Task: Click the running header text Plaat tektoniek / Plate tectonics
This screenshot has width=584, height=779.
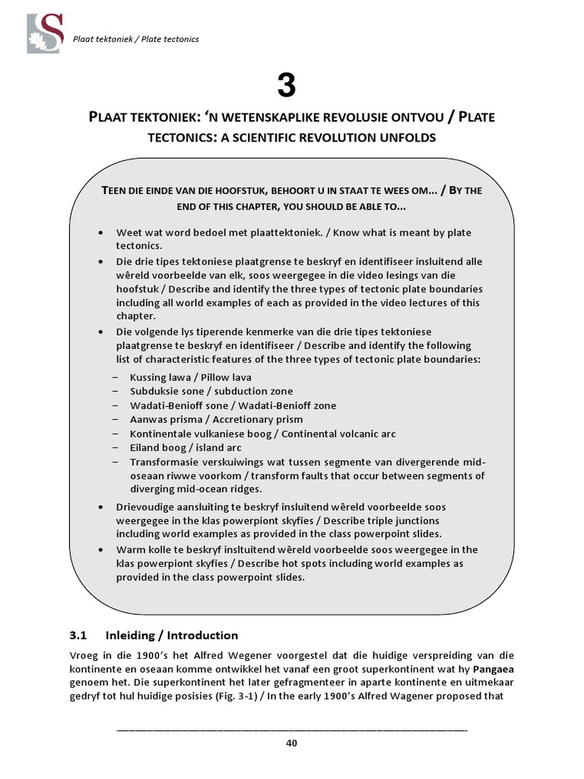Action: point(135,40)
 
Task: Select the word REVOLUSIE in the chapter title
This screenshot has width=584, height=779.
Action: point(344,119)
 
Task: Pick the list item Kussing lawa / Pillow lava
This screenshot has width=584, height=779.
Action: point(190,377)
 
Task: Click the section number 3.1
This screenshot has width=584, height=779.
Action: point(80,635)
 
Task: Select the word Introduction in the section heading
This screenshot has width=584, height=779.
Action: point(202,635)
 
